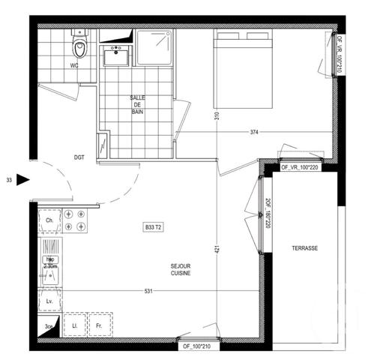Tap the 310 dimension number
click(x=214, y=116)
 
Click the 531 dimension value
click(x=148, y=291)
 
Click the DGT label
click(x=79, y=157)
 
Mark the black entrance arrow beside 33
click(x=22, y=180)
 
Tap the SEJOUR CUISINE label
click(x=180, y=269)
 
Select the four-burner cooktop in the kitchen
click(x=75, y=220)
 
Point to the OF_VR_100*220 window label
click(x=301, y=168)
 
